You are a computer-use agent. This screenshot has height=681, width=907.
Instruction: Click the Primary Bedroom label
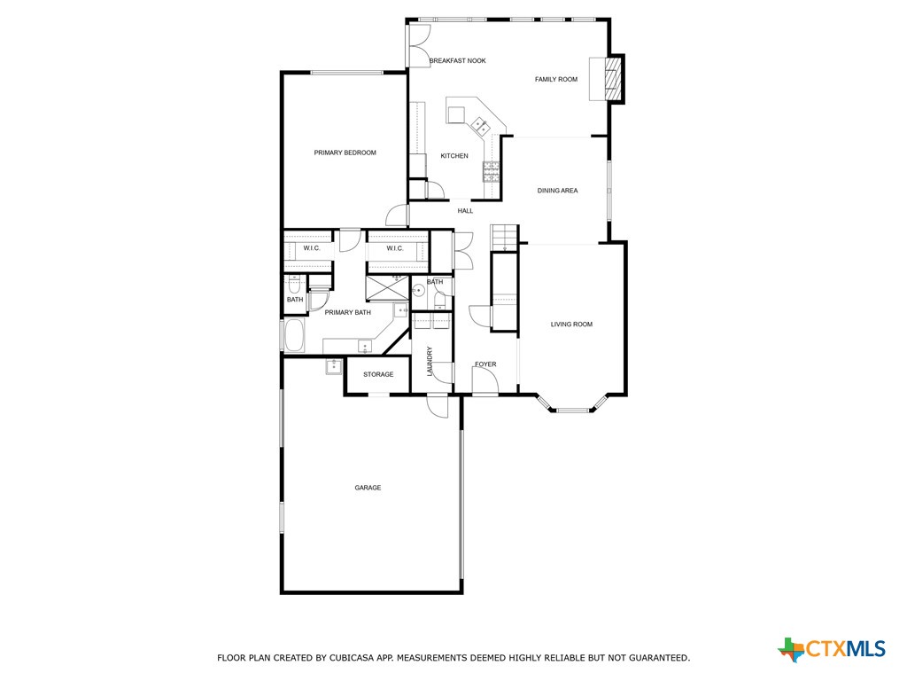pos(345,153)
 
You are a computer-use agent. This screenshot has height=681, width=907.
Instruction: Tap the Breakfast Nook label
pos(457,61)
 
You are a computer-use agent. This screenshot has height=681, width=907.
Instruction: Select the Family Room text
pos(555,80)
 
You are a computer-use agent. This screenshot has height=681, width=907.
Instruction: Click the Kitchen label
pos(454,156)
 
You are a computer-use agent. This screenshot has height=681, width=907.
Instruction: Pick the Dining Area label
pos(557,191)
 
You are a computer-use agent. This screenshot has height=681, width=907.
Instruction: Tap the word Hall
pos(465,211)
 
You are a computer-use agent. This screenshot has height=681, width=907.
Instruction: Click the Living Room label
pos(571,325)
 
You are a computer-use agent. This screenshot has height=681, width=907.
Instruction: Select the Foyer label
pos(485,364)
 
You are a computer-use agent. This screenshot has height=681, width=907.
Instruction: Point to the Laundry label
pos(430,361)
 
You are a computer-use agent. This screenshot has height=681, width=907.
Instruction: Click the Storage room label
pos(378,375)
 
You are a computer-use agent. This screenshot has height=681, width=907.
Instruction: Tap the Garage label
pos(368,488)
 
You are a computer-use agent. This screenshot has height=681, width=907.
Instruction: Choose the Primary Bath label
pos(347,312)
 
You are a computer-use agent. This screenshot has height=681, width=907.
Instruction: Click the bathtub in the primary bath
pos(294,335)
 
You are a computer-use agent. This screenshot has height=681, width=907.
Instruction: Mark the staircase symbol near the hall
pos(504,238)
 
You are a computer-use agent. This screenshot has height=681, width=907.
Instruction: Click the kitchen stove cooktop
pos(491,170)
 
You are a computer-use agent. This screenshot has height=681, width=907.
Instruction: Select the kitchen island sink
pos(481,125)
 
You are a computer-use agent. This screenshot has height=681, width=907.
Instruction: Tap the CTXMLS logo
pos(832,649)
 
